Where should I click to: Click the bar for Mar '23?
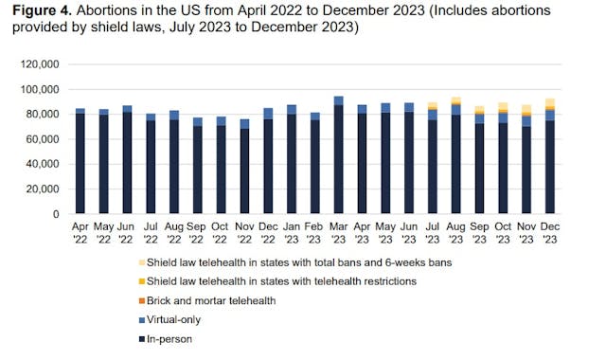coord(339,155)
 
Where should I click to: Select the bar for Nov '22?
coord(245,167)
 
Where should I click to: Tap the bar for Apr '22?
coord(80,162)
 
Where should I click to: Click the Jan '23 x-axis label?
coord(292,234)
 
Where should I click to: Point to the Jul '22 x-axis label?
coord(151,234)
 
